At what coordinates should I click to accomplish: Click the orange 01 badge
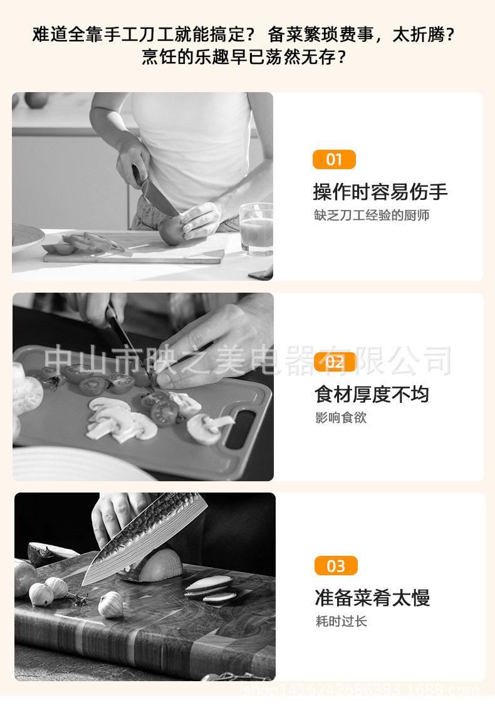coord(334,159)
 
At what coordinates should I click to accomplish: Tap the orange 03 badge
coord(336,565)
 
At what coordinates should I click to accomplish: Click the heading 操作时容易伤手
coord(380,192)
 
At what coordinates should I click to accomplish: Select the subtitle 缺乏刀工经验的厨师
coord(372,215)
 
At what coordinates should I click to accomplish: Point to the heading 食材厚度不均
coord(372,394)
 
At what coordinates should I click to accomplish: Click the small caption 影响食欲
coord(341,417)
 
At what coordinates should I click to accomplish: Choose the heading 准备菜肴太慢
coord(372,598)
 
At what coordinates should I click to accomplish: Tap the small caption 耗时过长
coord(341,621)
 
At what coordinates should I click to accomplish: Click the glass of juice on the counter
coord(256,229)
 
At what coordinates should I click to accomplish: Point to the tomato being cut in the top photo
coord(170,229)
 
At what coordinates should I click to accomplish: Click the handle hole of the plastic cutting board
coord(240,429)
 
